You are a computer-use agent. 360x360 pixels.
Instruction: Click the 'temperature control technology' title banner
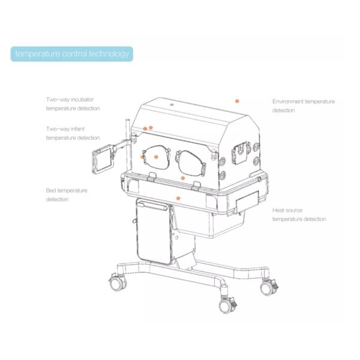click(x=72, y=54)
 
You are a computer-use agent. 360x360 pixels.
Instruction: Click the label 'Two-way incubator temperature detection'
click(x=73, y=104)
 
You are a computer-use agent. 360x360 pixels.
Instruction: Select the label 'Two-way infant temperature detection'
click(x=73, y=133)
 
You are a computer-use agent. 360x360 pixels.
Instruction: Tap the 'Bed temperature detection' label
click(x=67, y=195)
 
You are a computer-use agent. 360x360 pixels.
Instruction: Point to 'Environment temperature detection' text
click(x=304, y=106)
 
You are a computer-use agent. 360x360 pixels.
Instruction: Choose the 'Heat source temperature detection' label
click(x=299, y=214)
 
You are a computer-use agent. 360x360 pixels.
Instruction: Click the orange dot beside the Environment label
click(x=237, y=101)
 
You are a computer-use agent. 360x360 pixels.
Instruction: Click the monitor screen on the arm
click(x=103, y=160)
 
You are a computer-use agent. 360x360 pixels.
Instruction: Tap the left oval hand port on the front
click(x=157, y=157)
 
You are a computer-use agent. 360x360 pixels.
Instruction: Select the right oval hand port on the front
click(x=191, y=163)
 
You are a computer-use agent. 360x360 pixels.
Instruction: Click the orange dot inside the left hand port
click(x=156, y=157)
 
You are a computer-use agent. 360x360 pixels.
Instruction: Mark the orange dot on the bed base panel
click(x=178, y=198)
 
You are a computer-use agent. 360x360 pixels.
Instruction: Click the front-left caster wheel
click(x=118, y=283)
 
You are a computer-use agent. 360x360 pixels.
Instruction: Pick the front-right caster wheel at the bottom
click(x=228, y=305)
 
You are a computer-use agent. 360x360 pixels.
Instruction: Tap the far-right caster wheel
click(x=269, y=287)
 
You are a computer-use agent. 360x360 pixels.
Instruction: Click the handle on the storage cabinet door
click(x=153, y=205)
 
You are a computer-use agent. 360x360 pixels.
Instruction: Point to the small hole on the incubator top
click(x=172, y=104)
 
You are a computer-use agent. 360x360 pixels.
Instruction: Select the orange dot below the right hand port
click(x=183, y=178)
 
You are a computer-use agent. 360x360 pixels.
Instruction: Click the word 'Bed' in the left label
click(x=51, y=191)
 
